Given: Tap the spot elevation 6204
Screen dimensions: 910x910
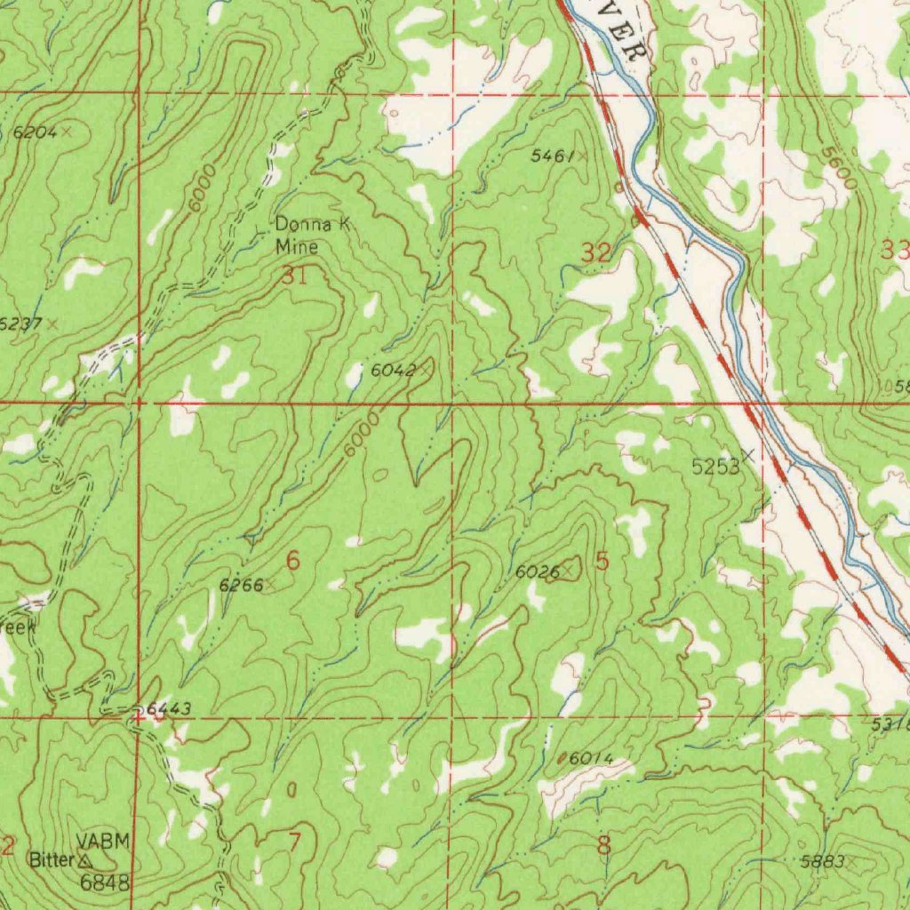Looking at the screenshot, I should click(x=36, y=132).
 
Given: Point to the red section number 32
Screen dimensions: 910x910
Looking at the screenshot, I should click(x=596, y=253).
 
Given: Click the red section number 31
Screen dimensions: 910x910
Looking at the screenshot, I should click(x=294, y=276).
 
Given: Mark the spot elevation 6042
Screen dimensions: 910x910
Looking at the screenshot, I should click(x=393, y=370).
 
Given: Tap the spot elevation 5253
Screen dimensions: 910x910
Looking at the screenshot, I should click(x=715, y=467).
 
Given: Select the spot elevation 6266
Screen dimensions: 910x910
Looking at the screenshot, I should click(x=241, y=585).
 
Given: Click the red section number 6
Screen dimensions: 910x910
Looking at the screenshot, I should click(x=293, y=561).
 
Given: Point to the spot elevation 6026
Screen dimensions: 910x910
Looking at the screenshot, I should click(x=538, y=573).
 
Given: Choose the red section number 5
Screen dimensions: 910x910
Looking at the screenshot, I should click(x=603, y=562).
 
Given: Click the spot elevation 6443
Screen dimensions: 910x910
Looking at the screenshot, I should click(x=168, y=708).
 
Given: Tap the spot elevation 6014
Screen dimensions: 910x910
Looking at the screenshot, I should click(x=590, y=758).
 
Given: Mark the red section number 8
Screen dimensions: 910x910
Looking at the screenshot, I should click(x=603, y=845).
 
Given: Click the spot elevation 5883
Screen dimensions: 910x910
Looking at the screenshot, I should click(x=821, y=862).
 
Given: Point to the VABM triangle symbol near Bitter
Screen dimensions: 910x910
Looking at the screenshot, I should click(x=85, y=861).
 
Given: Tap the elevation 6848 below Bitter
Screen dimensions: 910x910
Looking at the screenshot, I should click(x=105, y=882).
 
